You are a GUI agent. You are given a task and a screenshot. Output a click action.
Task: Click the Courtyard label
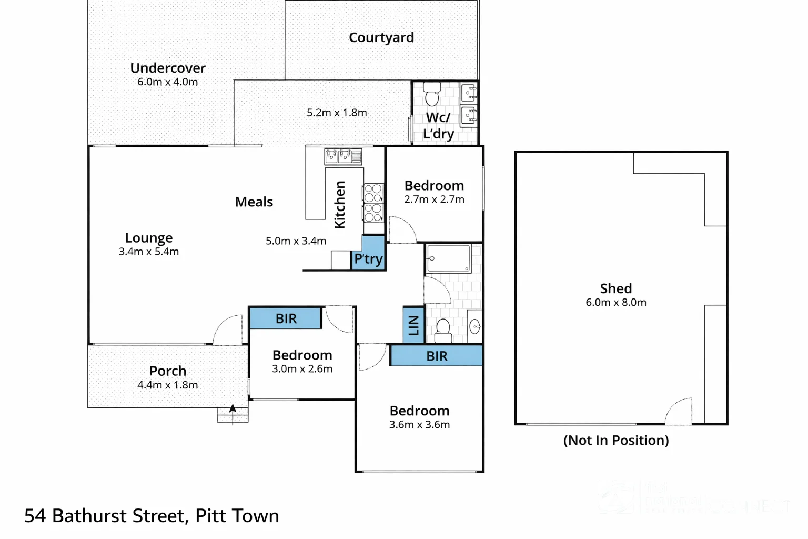(381, 38)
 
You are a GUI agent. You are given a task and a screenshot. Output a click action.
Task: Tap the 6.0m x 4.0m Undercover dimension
(167, 82)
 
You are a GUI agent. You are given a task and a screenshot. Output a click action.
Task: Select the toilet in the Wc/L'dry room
(432, 95)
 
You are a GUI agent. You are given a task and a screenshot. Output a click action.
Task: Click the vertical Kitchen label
(340, 205)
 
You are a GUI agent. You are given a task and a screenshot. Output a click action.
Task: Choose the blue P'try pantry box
(368, 254)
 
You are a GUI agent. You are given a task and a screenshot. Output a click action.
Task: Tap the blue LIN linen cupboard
(413, 325)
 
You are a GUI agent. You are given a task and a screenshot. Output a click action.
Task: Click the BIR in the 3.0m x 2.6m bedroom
(286, 318)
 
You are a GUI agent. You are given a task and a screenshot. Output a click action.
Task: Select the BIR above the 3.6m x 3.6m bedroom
(437, 356)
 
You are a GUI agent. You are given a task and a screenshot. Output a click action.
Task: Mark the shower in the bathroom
(449, 258)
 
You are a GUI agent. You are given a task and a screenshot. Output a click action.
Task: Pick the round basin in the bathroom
(474, 327)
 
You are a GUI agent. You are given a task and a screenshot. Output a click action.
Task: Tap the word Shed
(615, 288)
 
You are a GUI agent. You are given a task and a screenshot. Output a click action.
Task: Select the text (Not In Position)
(615, 440)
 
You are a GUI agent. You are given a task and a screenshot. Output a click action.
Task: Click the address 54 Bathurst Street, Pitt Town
(151, 516)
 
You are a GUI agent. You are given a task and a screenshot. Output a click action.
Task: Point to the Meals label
(254, 202)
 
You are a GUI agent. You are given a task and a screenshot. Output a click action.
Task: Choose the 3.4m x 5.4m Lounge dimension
(149, 252)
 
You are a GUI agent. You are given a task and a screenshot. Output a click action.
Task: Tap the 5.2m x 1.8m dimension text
(337, 113)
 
